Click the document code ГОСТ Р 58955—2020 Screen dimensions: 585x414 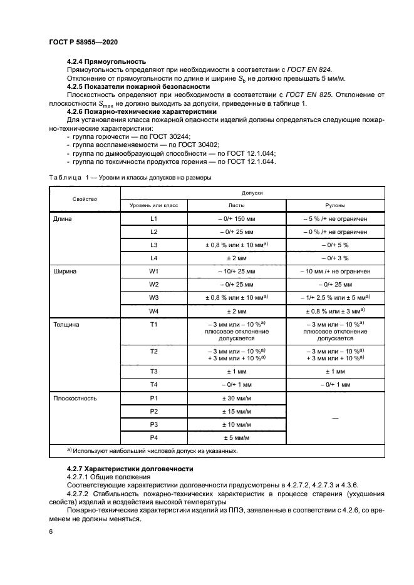[x=83, y=41]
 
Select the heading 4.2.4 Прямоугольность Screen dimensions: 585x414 [x=106, y=61]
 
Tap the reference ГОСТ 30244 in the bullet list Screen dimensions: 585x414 [x=168, y=136]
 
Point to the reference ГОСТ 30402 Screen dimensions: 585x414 [x=185, y=145]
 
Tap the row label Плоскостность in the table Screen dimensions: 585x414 [x=75, y=397]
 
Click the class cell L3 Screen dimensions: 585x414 [x=153, y=245]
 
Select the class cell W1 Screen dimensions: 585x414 [x=153, y=272]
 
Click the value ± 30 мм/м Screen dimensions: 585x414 [x=235, y=397]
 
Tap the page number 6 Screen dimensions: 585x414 [x=51, y=531]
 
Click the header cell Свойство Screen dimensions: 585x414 [x=85, y=199]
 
